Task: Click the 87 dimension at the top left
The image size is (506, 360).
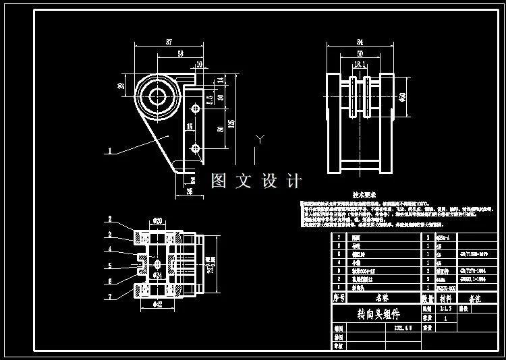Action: (x=168, y=42)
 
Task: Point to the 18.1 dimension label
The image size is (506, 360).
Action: (x=360, y=64)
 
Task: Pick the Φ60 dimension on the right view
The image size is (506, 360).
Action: (x=403, y=96)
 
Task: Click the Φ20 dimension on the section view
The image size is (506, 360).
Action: (x=158, y=220)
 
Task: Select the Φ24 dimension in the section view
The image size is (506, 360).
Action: (x=157, y=275)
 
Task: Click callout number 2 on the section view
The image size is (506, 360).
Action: (x=110, y=220)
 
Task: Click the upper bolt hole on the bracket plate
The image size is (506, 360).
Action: (x=196, y=107)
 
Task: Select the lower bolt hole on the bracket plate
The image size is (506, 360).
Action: (x=196, y=147)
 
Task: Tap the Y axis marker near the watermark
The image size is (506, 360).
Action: (x=258, y=140)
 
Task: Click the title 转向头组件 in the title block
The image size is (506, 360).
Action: (x=378, y=314)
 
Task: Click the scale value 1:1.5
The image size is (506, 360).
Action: (x=446, y=307)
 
